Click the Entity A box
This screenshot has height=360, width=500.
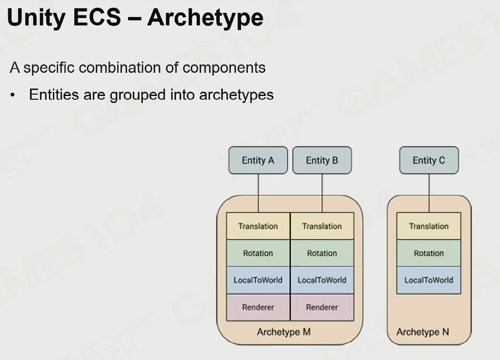coord(258,160)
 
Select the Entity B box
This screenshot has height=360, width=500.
coord(322,160)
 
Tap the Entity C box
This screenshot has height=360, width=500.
coord(429,160)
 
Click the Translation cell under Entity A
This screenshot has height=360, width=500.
coord(258,226)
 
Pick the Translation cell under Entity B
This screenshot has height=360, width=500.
coord(322,226)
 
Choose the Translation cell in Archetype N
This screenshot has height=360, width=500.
coord(428,226)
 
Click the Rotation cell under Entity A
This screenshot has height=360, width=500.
coord(258,253)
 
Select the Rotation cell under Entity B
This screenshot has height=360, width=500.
coord(322,253)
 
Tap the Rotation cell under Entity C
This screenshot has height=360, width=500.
coord(428,253)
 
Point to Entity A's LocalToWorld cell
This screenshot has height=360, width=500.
coord(258,280)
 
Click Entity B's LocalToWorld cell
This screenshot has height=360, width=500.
coord(322,280)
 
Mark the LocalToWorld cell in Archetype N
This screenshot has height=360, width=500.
coord(428,280)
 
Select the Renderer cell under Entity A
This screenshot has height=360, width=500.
coord(258,308)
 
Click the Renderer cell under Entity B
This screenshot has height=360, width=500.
coord(322,308)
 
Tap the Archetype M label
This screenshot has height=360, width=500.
coord(284,332)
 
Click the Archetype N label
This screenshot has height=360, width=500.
coord(423,332)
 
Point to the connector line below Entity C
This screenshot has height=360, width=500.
coord(429,193)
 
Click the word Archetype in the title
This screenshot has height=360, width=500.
coord(205,18)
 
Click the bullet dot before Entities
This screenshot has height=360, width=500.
coord(13,95)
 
